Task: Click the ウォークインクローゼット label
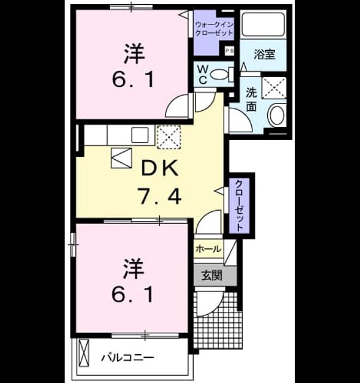[x=215, y=29]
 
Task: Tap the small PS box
[x=230, y=51]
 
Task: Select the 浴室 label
[x=264, y=54]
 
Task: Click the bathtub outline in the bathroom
[x=263, y=24]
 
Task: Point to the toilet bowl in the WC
[x=219, y=74]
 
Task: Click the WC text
[x=203, y=75]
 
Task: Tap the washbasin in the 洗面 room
[x=276, y=115]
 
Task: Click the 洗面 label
[x=251, y=99]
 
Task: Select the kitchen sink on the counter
[x=140, y=135]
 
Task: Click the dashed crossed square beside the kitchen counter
[x=169, y=137]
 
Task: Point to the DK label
[x=160, y=169]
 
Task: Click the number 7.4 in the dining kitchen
[x=160, y=196]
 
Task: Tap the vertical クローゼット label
[x=239, y=205]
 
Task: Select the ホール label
[x=209, y=249]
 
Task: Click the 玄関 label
[x=212, y=276]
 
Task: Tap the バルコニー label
[x=127, y=358]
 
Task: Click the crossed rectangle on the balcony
[x=84, y=352]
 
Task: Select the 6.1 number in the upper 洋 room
[x=133, y=80]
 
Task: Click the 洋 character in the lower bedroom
[x=133, y=269]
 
